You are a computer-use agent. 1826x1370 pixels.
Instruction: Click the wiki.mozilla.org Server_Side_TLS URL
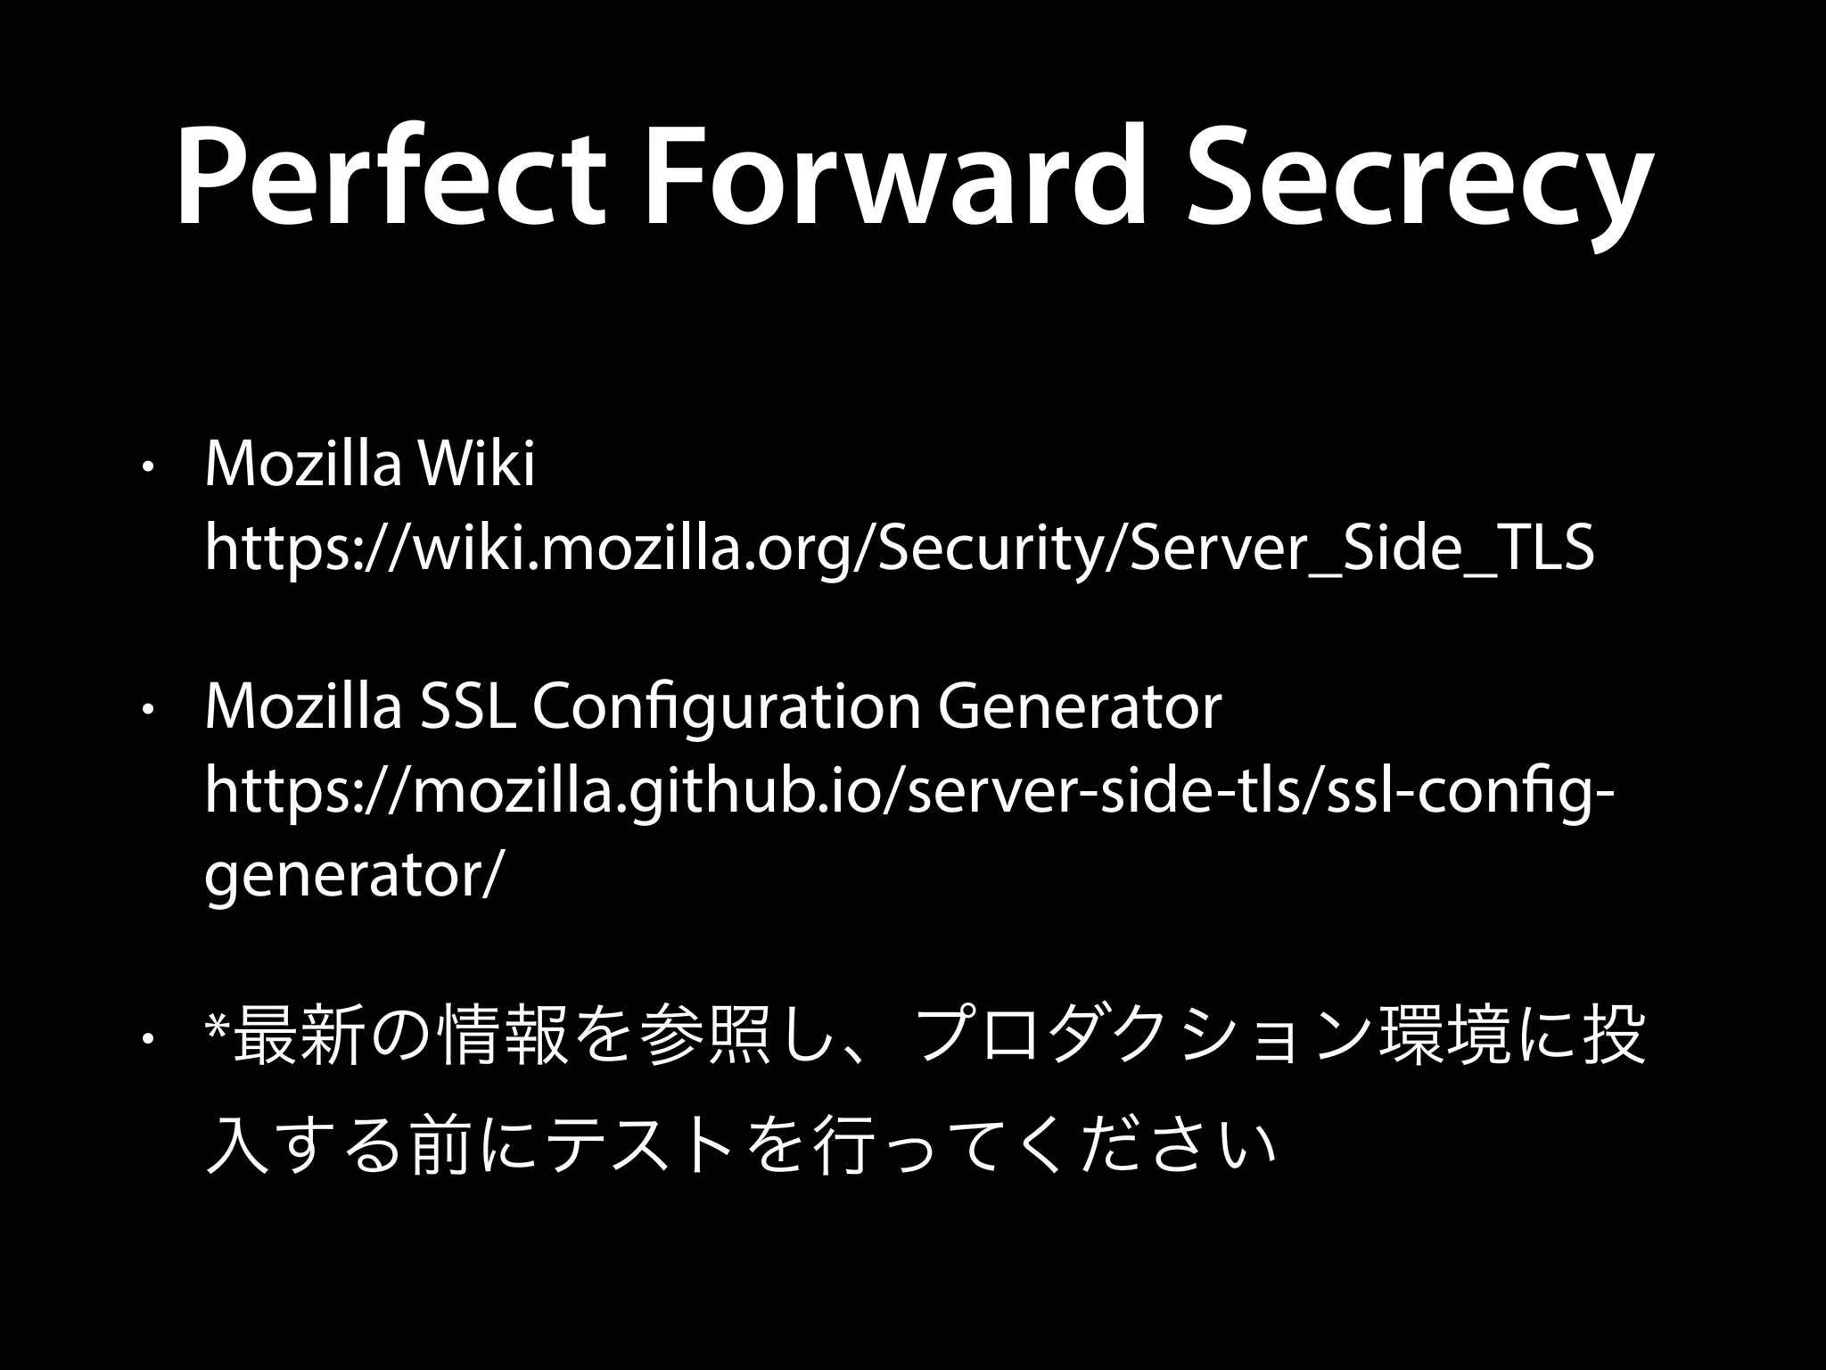coord(899,549)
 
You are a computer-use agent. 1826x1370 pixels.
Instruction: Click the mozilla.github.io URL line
coord(909,791)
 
